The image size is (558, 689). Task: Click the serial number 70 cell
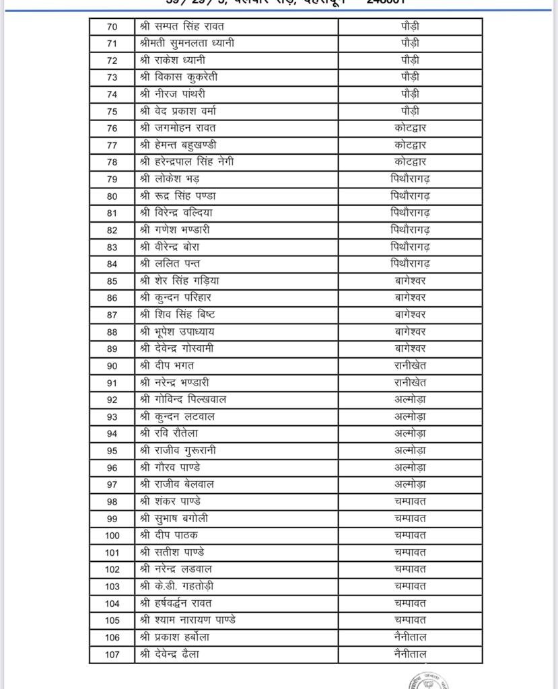pyautogui.click(x=112, y=27)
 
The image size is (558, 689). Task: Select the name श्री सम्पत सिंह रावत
pyautogui.click(x=182, y=27)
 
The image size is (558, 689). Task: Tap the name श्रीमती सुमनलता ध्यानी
pyautogui.click(x=187, y=44)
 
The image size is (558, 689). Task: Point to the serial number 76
pyautogui.click(x=112, y=129)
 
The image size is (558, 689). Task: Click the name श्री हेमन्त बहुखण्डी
pyautogui.click(x=178, y=145)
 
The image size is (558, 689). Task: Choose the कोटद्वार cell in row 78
pyautogui.click(x=410, y=162)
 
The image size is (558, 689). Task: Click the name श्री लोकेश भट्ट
pyautogui.click(x=170, y=179)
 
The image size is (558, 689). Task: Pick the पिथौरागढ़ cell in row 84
pyautogui.click(x=410, y=264)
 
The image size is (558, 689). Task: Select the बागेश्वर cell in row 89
pyautogui.click(x=410, y=349)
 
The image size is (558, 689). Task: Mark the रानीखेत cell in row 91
pyautogui.click(x=410, y=383)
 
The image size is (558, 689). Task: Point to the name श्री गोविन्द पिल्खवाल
pyautogui.click(x=183, y=400)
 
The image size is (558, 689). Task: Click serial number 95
pyautogui.click(x=112, y=451)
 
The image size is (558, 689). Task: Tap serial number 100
pyautogui.click(x=112, y=536)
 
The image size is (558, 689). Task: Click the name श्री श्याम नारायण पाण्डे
pyautogui.click(x=187, y=620)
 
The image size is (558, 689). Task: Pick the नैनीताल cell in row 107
pyautogui.click(x=410, y=654)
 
